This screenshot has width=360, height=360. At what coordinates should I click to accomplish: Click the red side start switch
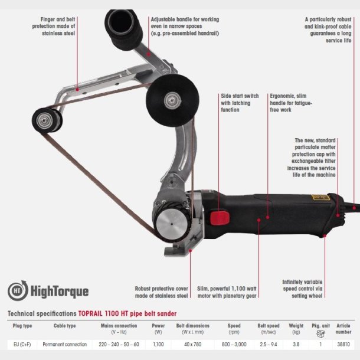tap(220, 218)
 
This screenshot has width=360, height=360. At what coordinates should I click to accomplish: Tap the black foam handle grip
tap(123, 29)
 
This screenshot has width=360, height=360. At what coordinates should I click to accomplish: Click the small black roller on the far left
tap(47, 120)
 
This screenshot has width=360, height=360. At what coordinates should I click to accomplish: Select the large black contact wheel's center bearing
tap(172, 100)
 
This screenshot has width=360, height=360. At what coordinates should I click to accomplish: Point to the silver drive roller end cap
tap(172, 224)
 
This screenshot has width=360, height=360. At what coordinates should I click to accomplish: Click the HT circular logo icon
tap(18, 290)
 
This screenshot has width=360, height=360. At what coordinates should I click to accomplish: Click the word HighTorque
tap(60, 292)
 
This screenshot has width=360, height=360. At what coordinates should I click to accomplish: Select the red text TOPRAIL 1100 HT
tap(103, 313)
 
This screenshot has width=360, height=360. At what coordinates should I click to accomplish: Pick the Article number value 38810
tap(343, 345)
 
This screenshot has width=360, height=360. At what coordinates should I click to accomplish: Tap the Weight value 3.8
tap(296, 345)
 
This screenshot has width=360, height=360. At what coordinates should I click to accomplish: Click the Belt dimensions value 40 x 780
tap(192, 345)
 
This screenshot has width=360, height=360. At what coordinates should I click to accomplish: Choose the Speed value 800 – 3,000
tap(234, 345)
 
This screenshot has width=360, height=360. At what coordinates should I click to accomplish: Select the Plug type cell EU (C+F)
tap(22, 345)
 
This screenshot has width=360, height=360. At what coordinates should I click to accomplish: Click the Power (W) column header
tap(158, 329)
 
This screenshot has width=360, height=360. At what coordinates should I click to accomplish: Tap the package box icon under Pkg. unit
tap(320, 333)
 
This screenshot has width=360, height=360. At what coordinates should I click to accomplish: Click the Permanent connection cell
tap(65, 345)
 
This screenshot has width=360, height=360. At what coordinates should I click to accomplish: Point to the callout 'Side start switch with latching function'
tap(240, 103)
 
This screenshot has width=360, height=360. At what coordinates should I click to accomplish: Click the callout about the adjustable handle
tap(185, 26)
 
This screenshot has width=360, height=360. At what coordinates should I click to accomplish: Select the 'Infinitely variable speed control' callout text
tap(302, 289)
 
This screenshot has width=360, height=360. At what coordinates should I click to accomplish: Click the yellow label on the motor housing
tap(320, 197)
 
